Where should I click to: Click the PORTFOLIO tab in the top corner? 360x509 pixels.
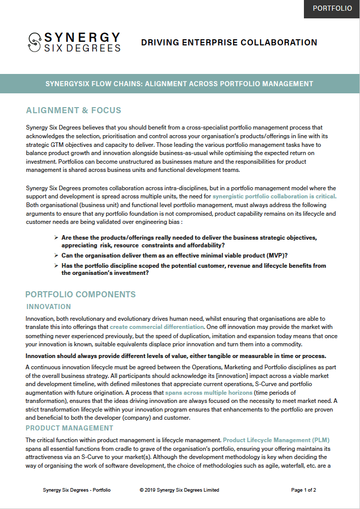click(x=332, y=9)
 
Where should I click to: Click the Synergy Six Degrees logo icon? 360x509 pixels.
click(x=35, y=42)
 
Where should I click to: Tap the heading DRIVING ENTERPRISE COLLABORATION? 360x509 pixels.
click(x=229, y=43)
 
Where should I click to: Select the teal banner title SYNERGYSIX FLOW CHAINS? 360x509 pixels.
click(x=179, y=84)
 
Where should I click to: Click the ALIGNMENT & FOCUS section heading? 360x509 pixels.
click(x=73, y=111)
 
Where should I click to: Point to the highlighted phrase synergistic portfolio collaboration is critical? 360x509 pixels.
click(x=274, y=196)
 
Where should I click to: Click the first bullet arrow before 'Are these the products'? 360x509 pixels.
click(x=56, y=238)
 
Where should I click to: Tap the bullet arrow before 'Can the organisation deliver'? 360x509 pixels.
click(x=56, y=255)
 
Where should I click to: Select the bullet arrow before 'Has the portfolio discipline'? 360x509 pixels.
click(x=56, y=266)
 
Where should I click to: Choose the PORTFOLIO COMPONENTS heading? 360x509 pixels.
click(x=81, y=294)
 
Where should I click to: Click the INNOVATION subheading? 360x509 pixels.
click(x=48, y=307)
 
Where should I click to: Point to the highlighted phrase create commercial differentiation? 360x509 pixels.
click(x=157, y=326)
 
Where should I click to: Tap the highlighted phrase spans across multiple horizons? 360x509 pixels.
click(x=209, y=393)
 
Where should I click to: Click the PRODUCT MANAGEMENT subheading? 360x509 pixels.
click(x=69, y=428)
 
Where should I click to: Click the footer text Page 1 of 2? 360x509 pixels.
click(x=303, y=490)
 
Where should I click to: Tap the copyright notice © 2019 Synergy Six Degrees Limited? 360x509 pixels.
click(x=179, y=490)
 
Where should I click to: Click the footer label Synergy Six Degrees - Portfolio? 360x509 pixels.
click(x=76, y=490)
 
